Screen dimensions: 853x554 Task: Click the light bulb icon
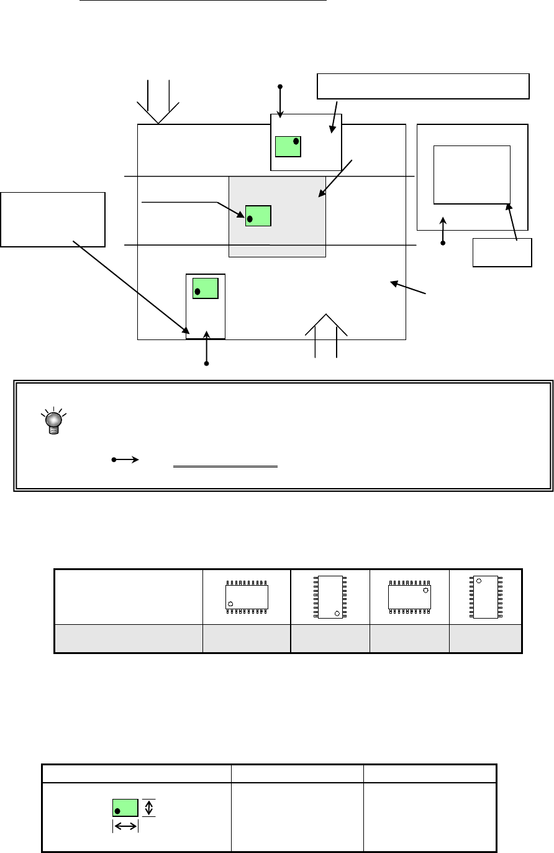pyautogui.click(x=53, y=420)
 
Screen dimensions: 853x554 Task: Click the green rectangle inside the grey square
pyautogui.click(x=258, y=216)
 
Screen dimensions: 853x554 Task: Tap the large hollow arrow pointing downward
pyautogui.click(x=158, y=103)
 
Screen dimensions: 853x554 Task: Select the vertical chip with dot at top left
pyautogui.click(x=486, y=597)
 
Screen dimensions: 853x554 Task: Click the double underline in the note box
pyautogui.click(x=224, y=466)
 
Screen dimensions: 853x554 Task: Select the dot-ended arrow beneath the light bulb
pyautogui.click(x=126, y=460)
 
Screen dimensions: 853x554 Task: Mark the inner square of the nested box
pyautogui.click(x=471, y=175)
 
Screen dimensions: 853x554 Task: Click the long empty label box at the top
pyautogui.click(x=423, y=86)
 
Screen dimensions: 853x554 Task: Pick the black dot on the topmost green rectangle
pyautogui.click(x=296, y=141)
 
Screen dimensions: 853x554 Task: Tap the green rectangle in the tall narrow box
pyautogui.click(x=206, y=288)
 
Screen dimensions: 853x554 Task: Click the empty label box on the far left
pyautogui.click(x=53, y=219)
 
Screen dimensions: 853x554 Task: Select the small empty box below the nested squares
pyautogui.click(x=502, y=252)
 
